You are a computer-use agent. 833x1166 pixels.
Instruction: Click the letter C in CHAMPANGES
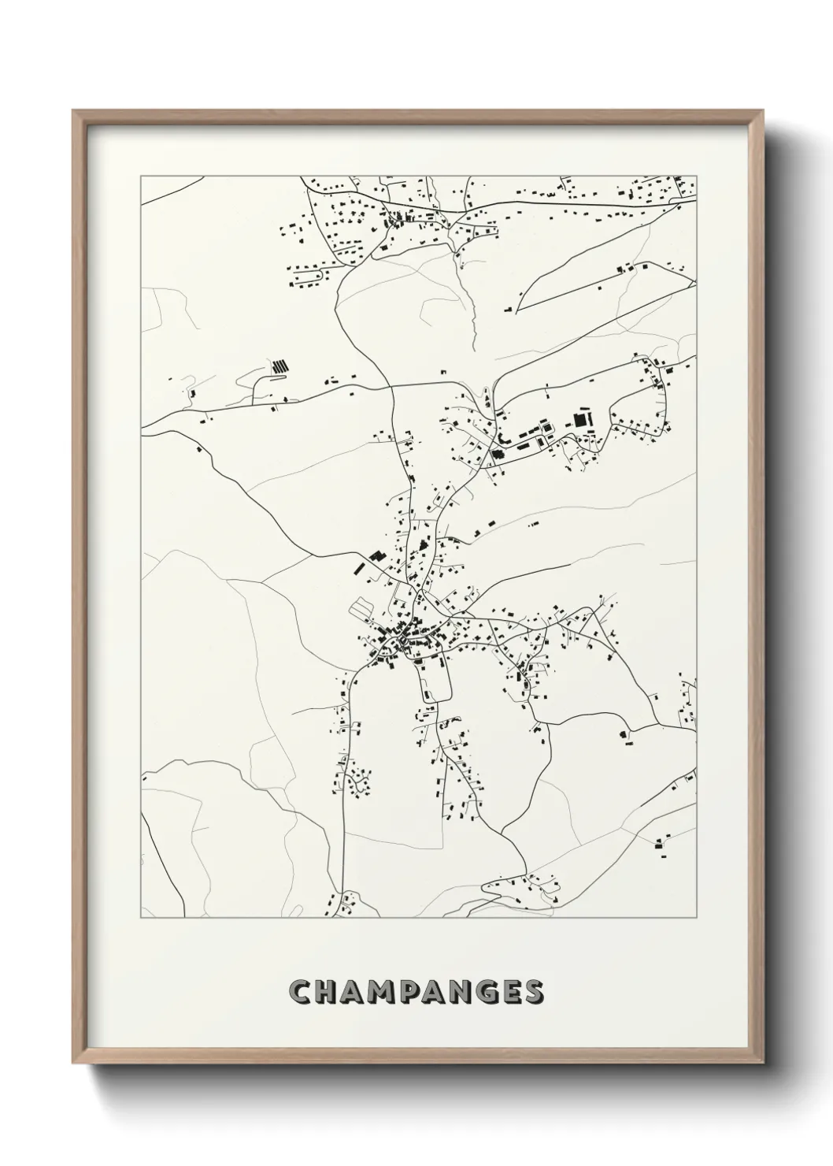[x=301, y=992]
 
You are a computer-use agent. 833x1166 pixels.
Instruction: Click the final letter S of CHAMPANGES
[x=533, y=992]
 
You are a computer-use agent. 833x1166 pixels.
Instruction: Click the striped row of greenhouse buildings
[x=280, y=366]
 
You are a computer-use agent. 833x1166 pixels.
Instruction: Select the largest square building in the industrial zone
[x=582, y=419]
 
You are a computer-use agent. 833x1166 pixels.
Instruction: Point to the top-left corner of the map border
[x=141, y=176]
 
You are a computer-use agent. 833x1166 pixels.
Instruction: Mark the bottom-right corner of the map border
[x=697, y=918]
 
